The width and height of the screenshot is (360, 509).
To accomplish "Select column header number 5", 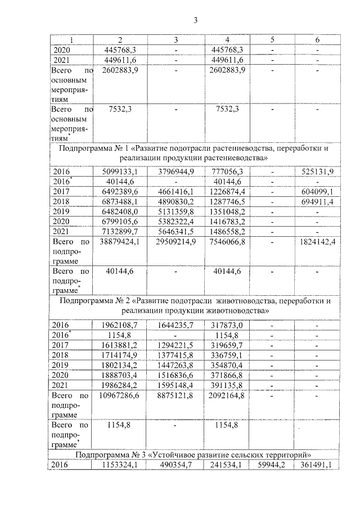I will [x=273, y=40].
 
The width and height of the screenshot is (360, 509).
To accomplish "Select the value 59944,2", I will [x=273, y=465].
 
